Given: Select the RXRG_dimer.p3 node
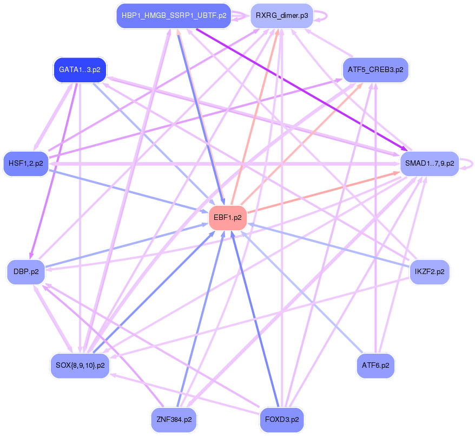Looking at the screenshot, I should point(281,16).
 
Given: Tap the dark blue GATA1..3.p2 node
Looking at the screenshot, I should point(80,70).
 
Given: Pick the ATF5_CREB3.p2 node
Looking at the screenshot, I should point(376,70).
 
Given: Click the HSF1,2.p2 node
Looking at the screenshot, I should point(26,164).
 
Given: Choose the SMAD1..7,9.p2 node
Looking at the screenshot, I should point(429,164).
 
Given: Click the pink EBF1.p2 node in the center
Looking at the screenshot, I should point(228,218).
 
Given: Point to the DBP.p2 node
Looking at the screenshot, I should point(26,272).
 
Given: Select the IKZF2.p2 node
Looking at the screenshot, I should point(429,272).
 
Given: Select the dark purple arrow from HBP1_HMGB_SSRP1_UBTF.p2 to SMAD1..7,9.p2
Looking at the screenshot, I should point(298,87).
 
